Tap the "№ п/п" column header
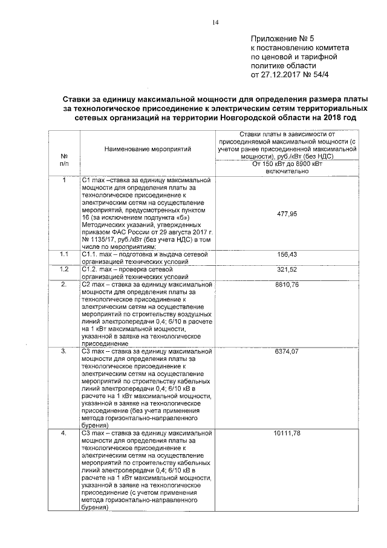coord(64,159)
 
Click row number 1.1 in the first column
coord(64,254)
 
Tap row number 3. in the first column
coord(64,351)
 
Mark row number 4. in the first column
coord(64,434)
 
